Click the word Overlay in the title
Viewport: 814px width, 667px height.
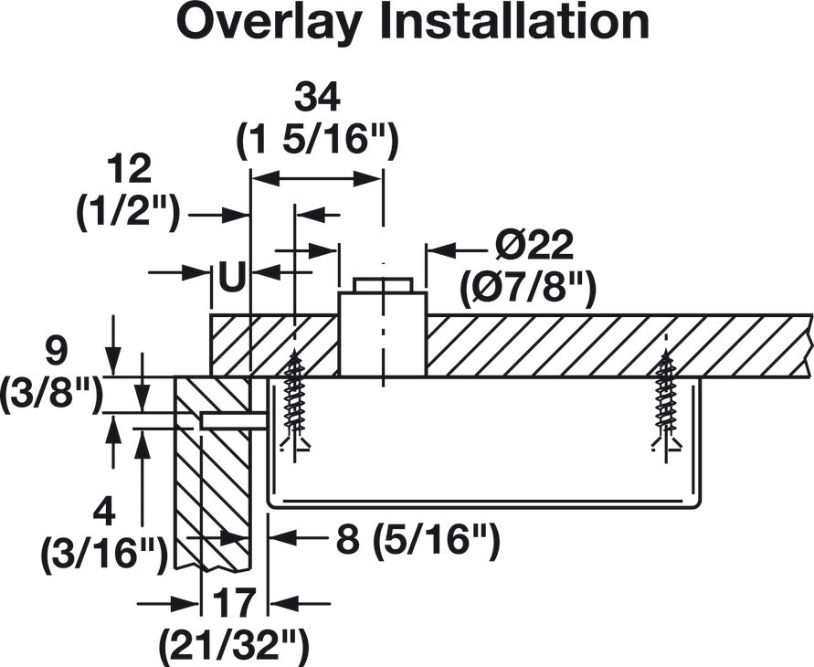269,23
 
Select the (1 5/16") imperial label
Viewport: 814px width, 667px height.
317,140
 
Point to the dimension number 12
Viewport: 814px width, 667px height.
129,169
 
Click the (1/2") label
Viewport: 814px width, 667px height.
129,211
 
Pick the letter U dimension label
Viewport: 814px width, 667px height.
231,276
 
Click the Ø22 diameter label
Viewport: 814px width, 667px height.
534,246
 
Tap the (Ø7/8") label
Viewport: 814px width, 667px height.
527,287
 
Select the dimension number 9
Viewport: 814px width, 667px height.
56,352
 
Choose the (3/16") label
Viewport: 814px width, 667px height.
104,555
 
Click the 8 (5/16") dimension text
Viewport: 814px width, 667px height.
418,540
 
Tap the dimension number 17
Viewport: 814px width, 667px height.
234,603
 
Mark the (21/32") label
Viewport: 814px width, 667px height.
234,645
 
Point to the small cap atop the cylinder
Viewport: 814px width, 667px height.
383,285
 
